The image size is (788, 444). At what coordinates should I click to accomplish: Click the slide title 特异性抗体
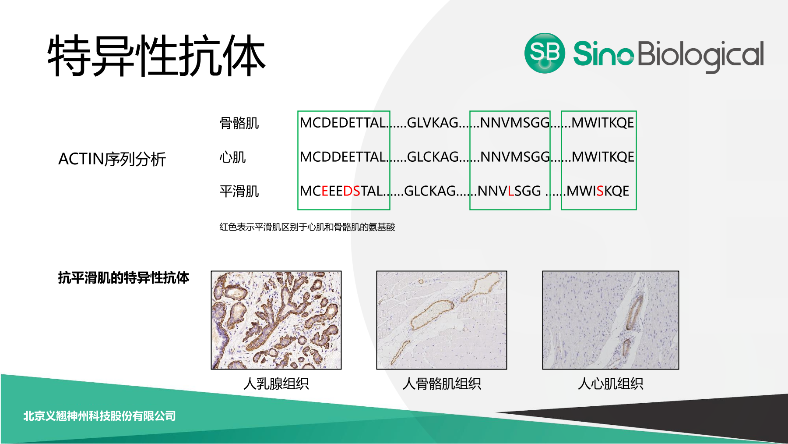(x=156, y=56)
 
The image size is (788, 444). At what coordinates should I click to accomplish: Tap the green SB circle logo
(x=545, y=53)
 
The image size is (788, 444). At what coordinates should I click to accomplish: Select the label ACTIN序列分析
(x=112, y=159)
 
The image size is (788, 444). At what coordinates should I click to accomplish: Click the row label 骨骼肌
(x=239, y=123)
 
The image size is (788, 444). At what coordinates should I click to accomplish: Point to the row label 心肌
(x=232, y=157)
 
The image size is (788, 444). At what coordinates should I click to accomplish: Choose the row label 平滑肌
(x=239, y=191)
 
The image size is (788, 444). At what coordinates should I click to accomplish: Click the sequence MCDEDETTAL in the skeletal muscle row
(x=343, y=123)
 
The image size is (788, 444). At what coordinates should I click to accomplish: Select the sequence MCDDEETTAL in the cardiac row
(x=343, y=157)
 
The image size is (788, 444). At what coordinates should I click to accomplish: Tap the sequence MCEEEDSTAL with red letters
(x=341, y=191)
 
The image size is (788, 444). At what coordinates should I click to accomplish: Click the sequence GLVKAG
(x=433, y=123)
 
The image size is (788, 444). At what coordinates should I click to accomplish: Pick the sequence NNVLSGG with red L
(x=509, y=191)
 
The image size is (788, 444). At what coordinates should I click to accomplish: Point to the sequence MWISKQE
(x=598, y=191)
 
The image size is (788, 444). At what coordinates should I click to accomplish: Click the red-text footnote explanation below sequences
(x=307, y=227)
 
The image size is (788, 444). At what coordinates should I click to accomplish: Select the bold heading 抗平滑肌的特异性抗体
(x=123, y=277)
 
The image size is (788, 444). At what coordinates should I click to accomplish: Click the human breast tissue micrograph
(x=276, y=320)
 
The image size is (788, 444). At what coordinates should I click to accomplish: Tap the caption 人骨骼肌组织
(x=442, y=384)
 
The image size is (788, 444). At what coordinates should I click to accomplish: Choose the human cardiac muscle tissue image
(x=611, y=320)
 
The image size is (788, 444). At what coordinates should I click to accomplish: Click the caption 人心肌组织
(x=611, y=384)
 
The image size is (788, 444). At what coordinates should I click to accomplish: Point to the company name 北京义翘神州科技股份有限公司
(x=99, y=416)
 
